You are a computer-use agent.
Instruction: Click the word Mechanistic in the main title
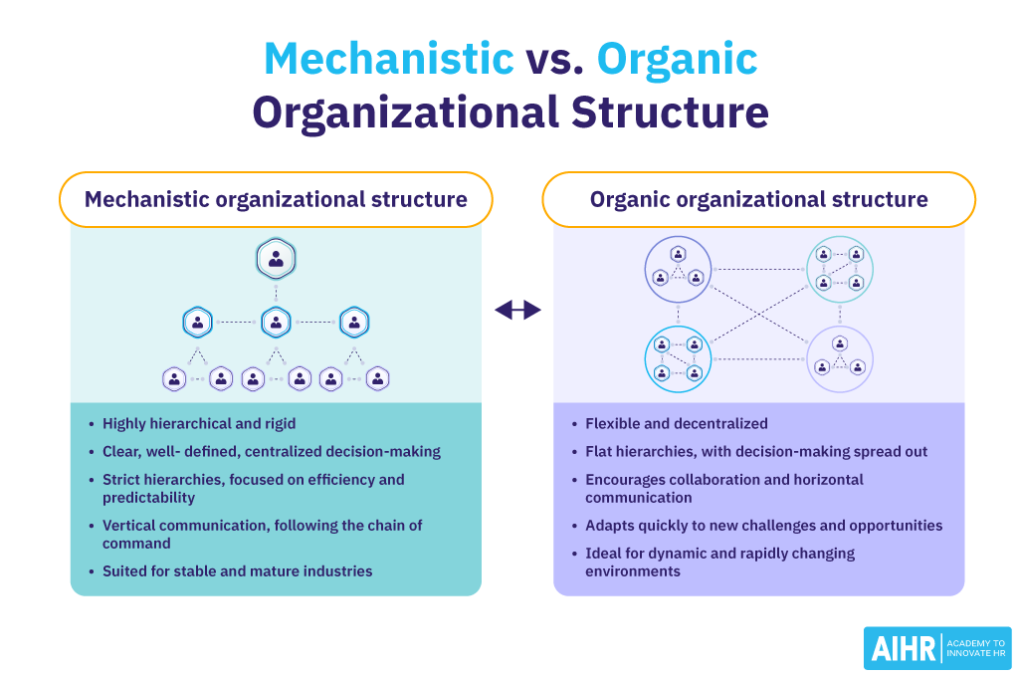388,59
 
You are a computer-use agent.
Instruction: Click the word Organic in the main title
677,59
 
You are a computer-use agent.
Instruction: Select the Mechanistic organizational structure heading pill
276,199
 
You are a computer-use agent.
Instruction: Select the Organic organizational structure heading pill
758,199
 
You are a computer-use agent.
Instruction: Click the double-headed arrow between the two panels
517,311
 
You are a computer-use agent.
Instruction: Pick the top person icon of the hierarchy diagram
276,260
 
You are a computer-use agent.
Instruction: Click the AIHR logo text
901,649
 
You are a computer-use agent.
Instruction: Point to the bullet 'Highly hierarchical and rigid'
199,423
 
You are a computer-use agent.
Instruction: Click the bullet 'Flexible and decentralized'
676,423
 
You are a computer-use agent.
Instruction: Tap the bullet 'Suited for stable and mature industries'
237,571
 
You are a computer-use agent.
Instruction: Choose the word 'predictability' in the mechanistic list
148,497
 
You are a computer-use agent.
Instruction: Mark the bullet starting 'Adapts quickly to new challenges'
763,525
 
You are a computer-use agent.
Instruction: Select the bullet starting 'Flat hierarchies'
756,451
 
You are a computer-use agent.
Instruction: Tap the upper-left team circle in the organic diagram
677,269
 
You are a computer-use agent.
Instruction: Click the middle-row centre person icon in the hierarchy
276,322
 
